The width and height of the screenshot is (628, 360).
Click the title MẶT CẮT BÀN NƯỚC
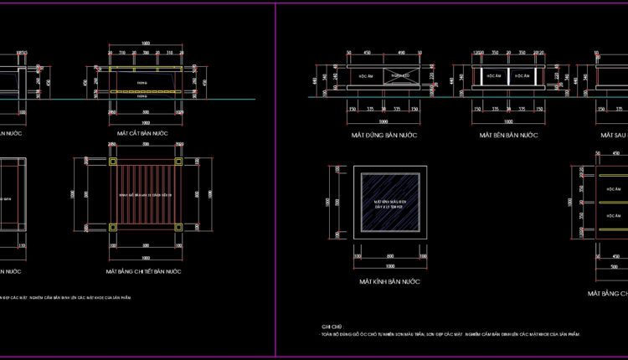[145, 133]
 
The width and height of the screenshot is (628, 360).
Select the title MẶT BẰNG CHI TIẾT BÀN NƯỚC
[144, 272]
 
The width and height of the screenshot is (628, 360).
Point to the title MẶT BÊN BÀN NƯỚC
[508, 134]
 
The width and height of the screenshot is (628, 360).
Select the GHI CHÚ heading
[332, 327]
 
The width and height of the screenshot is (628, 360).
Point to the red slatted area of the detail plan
[145, 194]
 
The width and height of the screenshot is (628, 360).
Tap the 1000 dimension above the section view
[145, 43]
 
